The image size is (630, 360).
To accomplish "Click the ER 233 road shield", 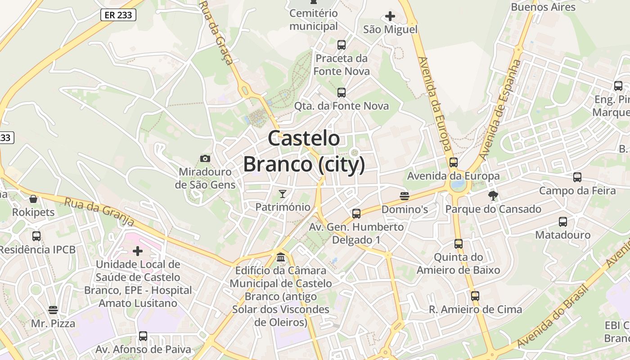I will pyautogui.click(x=118, y=15).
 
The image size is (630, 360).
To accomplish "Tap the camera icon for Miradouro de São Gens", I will pyautogui.click(x=205, y=158).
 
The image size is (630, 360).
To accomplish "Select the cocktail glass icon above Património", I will pyautogui.click(x=283, y=194).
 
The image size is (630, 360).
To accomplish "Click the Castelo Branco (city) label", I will pyautogui.click(x=304, y=151).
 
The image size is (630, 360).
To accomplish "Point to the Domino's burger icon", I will pyautogui.click(x=404, y=196).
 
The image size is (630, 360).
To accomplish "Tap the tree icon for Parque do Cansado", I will pyautogui.click(x=493, y=196).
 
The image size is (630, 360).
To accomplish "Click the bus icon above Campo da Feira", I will pyautogui.click(x=577, y=177).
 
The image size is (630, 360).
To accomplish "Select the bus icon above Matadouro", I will pyautogui.click(x=563, y=221).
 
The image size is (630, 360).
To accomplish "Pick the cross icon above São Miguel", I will pyautogui.click(x=390, y=17).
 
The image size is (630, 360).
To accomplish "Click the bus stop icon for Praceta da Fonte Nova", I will pyautogui.click(x=342, y=45).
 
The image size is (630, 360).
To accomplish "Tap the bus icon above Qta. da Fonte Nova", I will pyautogui.click(x=342, y=93).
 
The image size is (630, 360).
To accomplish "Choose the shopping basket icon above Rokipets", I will pyautogui.click(x=33, y=199).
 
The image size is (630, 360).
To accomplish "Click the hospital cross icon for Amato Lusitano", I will pyautogui.click(x=138, y=251).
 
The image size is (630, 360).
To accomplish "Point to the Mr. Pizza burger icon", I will pyautogui.click(x=53, y=310).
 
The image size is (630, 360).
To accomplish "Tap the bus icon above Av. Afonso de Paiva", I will pyautogui.click(x=143, y=336).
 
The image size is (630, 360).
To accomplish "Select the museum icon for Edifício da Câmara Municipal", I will pyautogui.click(x=281, y=257).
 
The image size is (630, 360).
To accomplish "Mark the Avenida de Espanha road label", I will pyautogui.click(x=500, y=110).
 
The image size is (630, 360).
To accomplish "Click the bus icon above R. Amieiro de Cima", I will pyautogui.click(x=475, y=296).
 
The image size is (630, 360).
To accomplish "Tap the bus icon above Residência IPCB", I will pyautogui.click(x=36, y=236).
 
